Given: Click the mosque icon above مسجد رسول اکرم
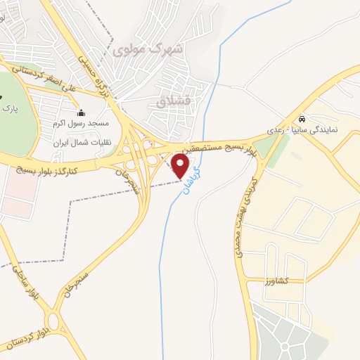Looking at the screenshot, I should tap(82, 112).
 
